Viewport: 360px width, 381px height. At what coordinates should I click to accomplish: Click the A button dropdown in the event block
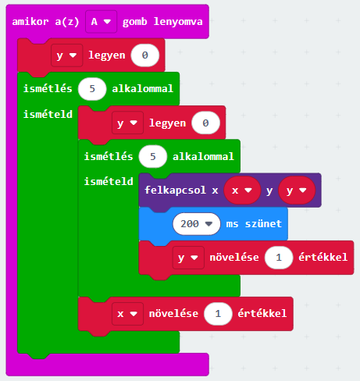(101, 22)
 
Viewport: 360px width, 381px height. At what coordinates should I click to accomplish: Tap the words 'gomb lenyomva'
(162, 22)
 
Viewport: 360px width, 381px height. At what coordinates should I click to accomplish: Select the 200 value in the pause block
(197, 224)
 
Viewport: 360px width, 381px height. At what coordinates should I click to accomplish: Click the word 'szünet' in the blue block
(263, 224)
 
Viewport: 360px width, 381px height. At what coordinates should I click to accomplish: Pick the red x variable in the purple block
(242, 190)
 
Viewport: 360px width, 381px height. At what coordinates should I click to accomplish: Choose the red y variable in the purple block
(297, 190)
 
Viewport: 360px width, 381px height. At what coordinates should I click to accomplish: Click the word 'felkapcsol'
(175, 190)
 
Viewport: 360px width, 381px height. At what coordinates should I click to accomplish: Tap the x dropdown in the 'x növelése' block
(127, 314)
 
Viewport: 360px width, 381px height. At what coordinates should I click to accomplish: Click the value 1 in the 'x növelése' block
(218, 314)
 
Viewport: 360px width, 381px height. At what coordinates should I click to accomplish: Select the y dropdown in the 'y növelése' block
(188, 258)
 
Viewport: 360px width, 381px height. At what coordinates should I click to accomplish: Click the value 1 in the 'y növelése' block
(279, 258)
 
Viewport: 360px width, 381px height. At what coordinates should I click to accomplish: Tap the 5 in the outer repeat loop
(92, 89)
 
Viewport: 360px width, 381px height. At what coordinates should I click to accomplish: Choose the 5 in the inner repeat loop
(153, 157)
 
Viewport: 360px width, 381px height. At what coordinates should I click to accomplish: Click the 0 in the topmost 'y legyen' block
(145, 55)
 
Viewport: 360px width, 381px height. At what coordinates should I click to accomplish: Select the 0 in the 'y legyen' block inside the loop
(205, 123)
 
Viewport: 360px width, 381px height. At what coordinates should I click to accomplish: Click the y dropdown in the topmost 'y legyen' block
(67, 55)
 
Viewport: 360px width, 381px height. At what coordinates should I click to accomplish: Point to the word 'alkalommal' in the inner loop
(203, 157)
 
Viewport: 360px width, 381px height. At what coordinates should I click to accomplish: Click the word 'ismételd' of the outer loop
(48, 114)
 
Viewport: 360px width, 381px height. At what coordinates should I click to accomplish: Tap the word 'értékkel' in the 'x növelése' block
(262, 314)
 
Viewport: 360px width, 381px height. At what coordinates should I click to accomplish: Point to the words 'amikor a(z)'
(45, 22)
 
